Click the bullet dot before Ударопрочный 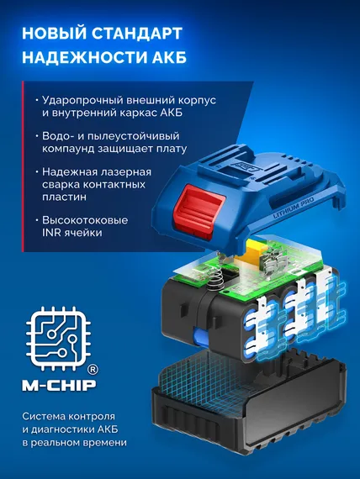tap(32, 100)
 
